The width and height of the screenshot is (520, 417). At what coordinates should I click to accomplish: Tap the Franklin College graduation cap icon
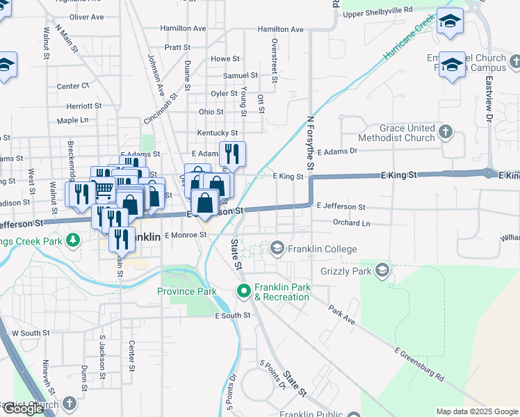(277, 248)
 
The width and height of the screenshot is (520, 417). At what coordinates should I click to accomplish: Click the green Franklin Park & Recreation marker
(243, 290)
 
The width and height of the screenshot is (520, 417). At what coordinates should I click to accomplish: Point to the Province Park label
(186, 291)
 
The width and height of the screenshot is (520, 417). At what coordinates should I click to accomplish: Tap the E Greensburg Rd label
(419, 364)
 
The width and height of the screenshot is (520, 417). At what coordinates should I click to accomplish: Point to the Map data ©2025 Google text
(476, 411)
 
